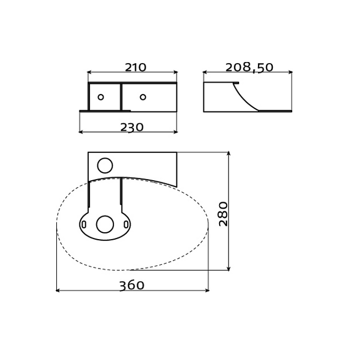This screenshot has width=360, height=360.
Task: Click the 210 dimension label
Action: [135, 68]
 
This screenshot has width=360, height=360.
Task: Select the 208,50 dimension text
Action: [249, 68]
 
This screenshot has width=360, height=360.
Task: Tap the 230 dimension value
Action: [131, 128]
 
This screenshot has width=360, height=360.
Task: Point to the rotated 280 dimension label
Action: [224, 213]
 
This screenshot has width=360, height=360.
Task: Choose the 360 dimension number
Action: [131, 286]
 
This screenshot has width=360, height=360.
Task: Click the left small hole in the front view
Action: [100, 97]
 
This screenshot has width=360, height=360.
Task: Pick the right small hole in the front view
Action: [143, 97]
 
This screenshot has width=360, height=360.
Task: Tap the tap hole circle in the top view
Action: [105, 166]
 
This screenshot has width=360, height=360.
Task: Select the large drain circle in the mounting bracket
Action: [105, 224]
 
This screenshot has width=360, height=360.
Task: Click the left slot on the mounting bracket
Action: [84, 224]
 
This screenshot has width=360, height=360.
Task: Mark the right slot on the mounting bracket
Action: [126, 224]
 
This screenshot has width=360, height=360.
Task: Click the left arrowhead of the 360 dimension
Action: [58, 290]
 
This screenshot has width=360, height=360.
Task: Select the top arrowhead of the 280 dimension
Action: [229, 154]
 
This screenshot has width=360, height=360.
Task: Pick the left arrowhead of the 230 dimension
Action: [81, 132]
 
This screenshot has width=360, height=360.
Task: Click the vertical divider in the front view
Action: [121, 97]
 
